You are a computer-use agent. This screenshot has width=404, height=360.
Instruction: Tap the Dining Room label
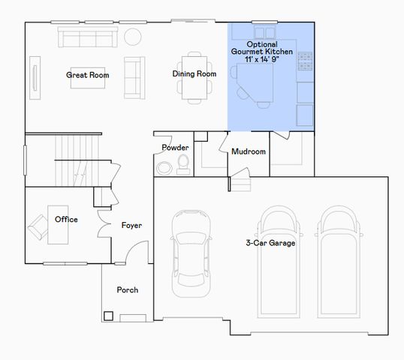[194, 74]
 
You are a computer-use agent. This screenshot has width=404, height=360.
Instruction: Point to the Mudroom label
[249, 151]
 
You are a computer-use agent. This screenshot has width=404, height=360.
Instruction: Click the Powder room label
[175, 148]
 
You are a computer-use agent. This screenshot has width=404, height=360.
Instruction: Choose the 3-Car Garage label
[270, 243]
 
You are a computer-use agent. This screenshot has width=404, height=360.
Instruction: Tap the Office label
[66, 220]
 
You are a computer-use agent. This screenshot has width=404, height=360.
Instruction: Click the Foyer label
[131, 225]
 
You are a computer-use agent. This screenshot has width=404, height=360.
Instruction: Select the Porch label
[127, 290]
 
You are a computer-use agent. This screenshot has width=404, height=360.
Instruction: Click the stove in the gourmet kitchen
[305, 61]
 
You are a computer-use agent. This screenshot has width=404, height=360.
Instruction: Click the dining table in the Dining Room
[194, 76]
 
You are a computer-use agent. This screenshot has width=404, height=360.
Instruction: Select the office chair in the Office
[38, 225]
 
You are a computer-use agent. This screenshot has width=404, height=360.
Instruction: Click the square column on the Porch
[109, 315]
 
